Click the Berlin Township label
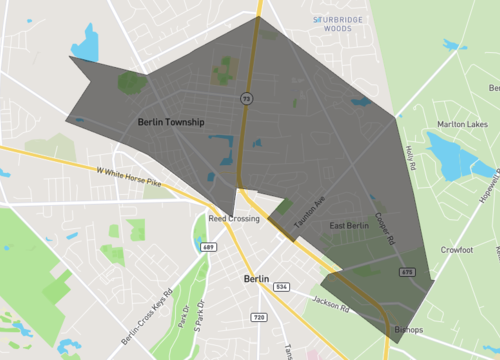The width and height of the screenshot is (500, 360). coord(170,122)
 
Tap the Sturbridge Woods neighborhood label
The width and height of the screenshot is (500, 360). coord(340,23)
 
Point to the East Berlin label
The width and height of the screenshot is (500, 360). coord(350,226)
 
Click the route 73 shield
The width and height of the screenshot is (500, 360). coord(245,99)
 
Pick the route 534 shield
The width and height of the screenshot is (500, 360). coord(283,287)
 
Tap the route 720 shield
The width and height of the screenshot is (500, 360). coord(259,316)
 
